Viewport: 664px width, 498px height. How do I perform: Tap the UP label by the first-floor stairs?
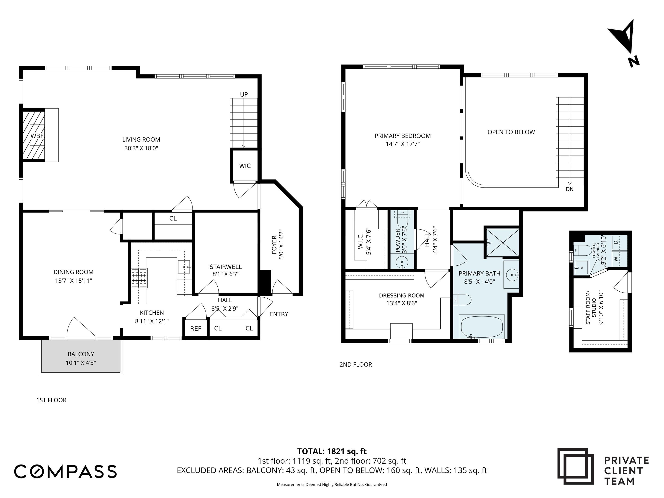pyautogui.click(x=244, y=95)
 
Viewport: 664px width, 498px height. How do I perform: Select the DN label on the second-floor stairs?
pyautogui.click(x=569, y=189)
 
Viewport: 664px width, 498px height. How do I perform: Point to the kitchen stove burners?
pyautogui.click(x=139, y=278)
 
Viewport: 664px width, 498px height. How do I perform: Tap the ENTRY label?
pyautogui.click(x=279, y=314)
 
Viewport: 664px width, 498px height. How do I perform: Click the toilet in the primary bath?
pyautogui.click(x=462, y=299)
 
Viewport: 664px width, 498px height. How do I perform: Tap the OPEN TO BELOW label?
pyautogui.click(x=511, y=132)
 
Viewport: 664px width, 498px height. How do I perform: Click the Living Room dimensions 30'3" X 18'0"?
pyautogui.click(x=141, y=148)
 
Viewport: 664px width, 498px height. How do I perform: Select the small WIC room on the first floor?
pyautogui.click(x=245, y=166)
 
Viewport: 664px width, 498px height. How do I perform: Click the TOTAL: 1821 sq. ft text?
pyautogui.click(x=332, y=451)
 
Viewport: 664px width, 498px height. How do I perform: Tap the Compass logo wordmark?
pyautogui.click(x=65, y=471)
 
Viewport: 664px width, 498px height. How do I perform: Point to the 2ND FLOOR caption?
pyautogui.click(x=356, y=365)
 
